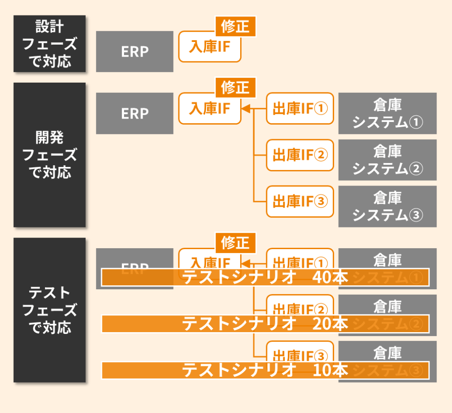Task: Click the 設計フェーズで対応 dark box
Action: click(49, 44)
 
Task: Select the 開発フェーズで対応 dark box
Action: click(49, 155)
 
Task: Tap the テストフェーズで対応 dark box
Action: click(49, 310)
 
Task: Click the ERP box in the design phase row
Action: click(135, 51)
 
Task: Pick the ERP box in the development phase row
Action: click(135, 114)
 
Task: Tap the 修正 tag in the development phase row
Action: click(235, 88)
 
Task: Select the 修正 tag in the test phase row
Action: click(235, 242)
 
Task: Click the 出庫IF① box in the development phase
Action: click(300, 109)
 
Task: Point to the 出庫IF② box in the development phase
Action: click(300, 155)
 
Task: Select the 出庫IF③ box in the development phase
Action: click(300, 201)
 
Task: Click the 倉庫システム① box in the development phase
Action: click(387, 114)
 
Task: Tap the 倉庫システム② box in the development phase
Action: click(387, 160)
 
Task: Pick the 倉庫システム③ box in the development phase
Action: click(387, 206)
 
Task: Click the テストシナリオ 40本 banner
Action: click(265, 277)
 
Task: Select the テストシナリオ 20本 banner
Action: click(265, 324)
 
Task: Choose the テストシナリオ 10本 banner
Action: click(265, 370)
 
